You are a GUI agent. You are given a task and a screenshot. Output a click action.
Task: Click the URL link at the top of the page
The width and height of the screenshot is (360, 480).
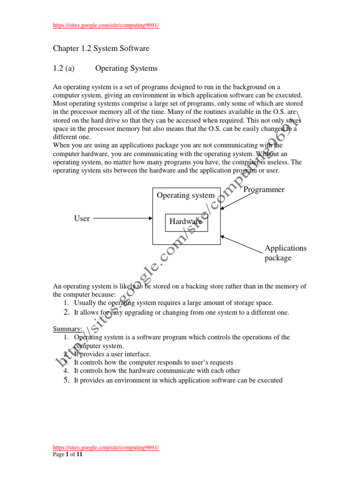point(105,25)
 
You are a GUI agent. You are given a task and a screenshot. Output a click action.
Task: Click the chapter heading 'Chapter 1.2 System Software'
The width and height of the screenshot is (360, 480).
point(101,48)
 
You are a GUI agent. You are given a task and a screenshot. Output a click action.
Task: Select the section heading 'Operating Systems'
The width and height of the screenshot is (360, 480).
point(126,68)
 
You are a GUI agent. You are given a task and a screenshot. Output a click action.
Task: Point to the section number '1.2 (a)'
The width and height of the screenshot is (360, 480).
point(64,68)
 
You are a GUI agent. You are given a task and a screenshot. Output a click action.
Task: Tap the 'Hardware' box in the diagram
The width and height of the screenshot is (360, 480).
point(186,222)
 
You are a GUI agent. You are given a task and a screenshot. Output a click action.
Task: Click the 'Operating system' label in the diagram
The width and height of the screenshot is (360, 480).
point(186,195)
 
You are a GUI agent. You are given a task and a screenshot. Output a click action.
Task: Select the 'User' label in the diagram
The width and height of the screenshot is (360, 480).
point(82,218)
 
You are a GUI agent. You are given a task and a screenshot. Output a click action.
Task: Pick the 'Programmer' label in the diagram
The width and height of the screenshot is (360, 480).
point(264,190)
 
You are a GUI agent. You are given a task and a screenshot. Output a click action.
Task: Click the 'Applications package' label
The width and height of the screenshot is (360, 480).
point(285,253)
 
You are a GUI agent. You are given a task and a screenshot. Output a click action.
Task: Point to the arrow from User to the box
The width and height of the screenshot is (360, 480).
point(124,218)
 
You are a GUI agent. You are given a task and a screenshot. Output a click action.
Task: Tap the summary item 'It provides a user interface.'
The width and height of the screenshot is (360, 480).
point(112,354)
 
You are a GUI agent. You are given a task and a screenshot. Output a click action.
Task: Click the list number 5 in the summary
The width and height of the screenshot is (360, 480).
point(66,380)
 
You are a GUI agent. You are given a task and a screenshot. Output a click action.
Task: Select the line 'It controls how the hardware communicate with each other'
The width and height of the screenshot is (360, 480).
point(157,371)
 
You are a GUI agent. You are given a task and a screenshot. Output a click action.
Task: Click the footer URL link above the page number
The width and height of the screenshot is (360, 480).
point(105,448)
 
